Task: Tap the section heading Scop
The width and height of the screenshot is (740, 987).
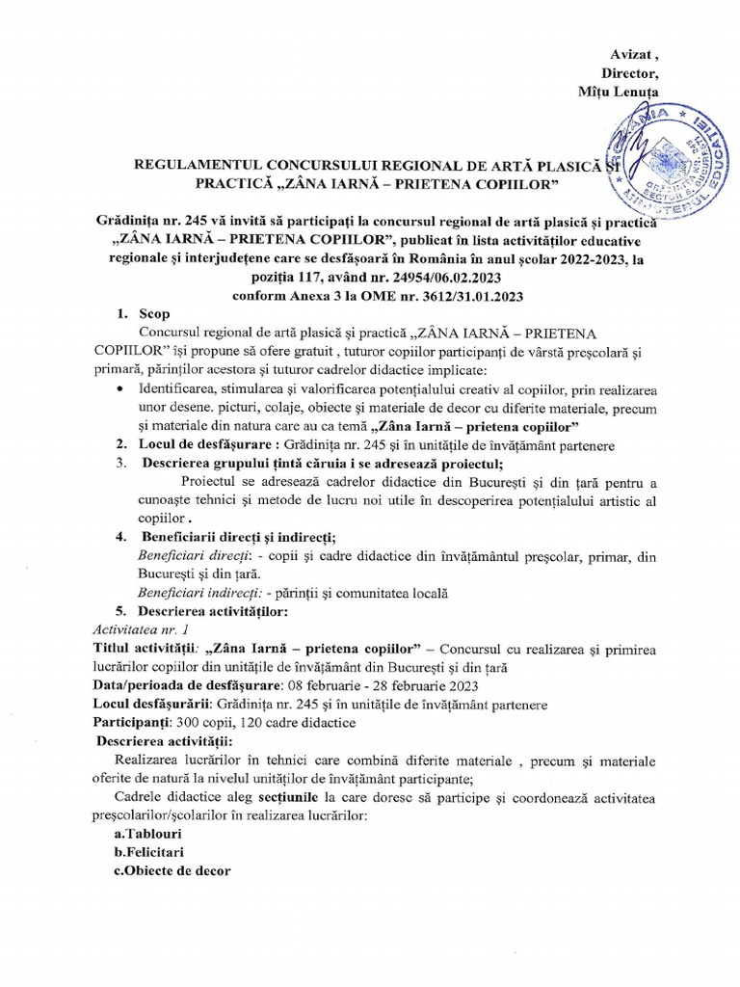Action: click(x=153, y=313)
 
